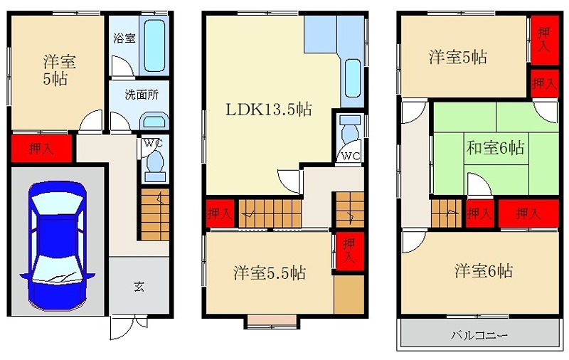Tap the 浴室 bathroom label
pyautogui.click(x=124, y=38)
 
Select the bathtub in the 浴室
pyautogui.click(x=154, y=46)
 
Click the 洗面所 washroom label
pyautogui.click(x=142, y=95)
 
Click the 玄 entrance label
pyautogui.click(x=139, y=287)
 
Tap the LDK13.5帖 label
pyautogui.click(x=269, y=110)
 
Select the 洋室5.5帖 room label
pyautogui.click(x=270, y=273)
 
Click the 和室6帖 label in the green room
pyautogui.click(x=495, y=148)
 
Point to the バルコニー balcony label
pyautogui.click(x=479, y=335)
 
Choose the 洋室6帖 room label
pyautogui.click(x=484, y=271)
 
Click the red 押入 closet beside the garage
pyautogui.click(x=41, y=149)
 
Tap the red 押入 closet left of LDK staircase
pyautogui.click(x=220, y=213)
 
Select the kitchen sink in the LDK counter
pyautogui.click(x=352, y=79)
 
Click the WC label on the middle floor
pyautogui.click(x=351, y=157)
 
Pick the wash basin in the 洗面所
pyautogui.click(x=154, y=120)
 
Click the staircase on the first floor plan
pyautogui.click(x=155, y=214)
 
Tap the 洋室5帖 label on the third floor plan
pyautogui.click(x=458, y=57)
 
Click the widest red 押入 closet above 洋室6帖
pyautogui.click(x=528, y=213)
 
